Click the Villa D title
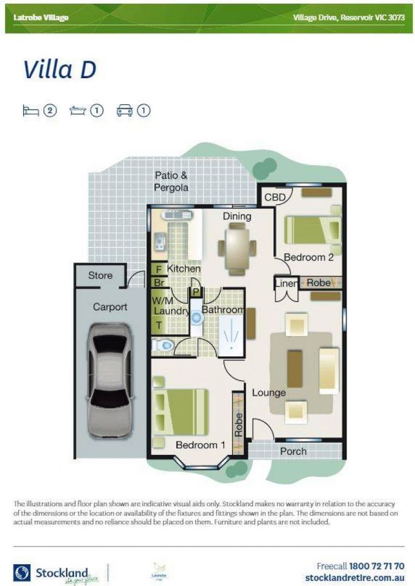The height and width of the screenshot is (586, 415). click(60, 69)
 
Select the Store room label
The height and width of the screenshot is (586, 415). click(100, 276)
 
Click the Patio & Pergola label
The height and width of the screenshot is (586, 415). click(172, 181)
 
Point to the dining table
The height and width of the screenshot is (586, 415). click(237, 249)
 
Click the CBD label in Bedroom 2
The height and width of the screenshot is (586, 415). click(275, 198)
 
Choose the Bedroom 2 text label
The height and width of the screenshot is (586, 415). click(309, 257)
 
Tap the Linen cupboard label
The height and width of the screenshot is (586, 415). click(286, 284)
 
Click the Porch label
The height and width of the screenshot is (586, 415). click(293, 451)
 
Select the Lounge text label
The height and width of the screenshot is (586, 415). click(269, 392)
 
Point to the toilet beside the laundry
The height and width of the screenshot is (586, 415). click(164, 344)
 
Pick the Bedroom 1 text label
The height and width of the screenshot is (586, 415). click(200, 445)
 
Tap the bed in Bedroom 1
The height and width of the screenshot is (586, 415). click(180, 411)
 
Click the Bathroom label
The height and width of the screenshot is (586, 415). click(223, 310)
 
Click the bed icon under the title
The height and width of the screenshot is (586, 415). click(30, 111)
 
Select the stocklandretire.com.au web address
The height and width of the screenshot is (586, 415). click(355, 578)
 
